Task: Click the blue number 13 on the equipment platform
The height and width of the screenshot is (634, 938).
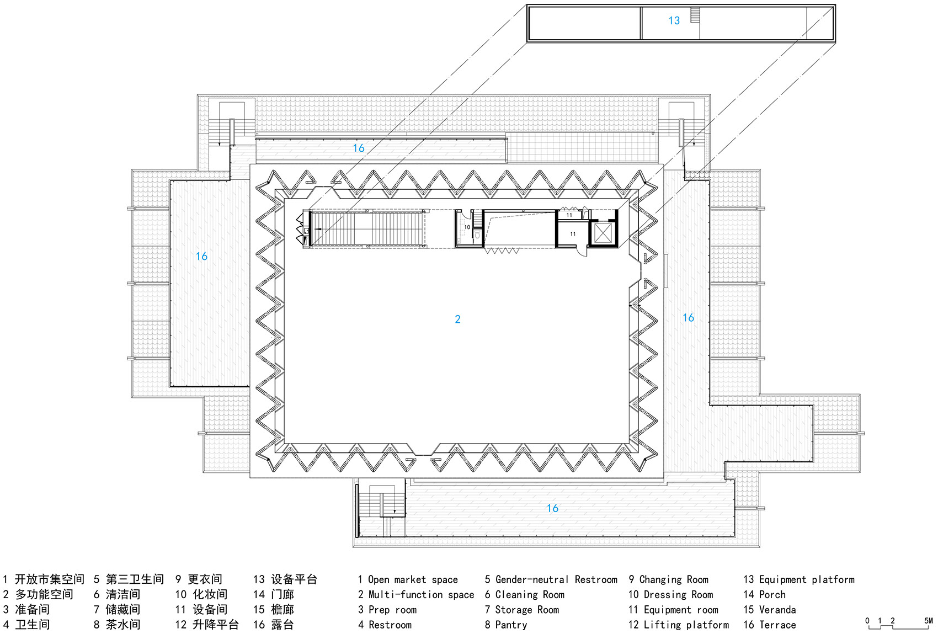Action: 674,21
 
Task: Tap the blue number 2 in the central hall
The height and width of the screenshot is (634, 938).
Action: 457,319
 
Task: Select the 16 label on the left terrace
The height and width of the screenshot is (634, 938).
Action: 201,257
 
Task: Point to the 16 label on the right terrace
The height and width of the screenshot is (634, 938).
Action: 688,318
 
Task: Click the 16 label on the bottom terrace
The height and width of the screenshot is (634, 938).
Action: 552,508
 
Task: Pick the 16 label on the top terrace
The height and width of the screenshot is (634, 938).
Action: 359,148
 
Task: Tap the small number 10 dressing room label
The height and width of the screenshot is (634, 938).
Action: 467,227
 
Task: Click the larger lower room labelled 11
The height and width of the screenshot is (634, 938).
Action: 572,235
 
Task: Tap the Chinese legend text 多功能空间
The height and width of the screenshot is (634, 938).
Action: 44,595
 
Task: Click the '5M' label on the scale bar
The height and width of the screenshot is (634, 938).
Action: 928,621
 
